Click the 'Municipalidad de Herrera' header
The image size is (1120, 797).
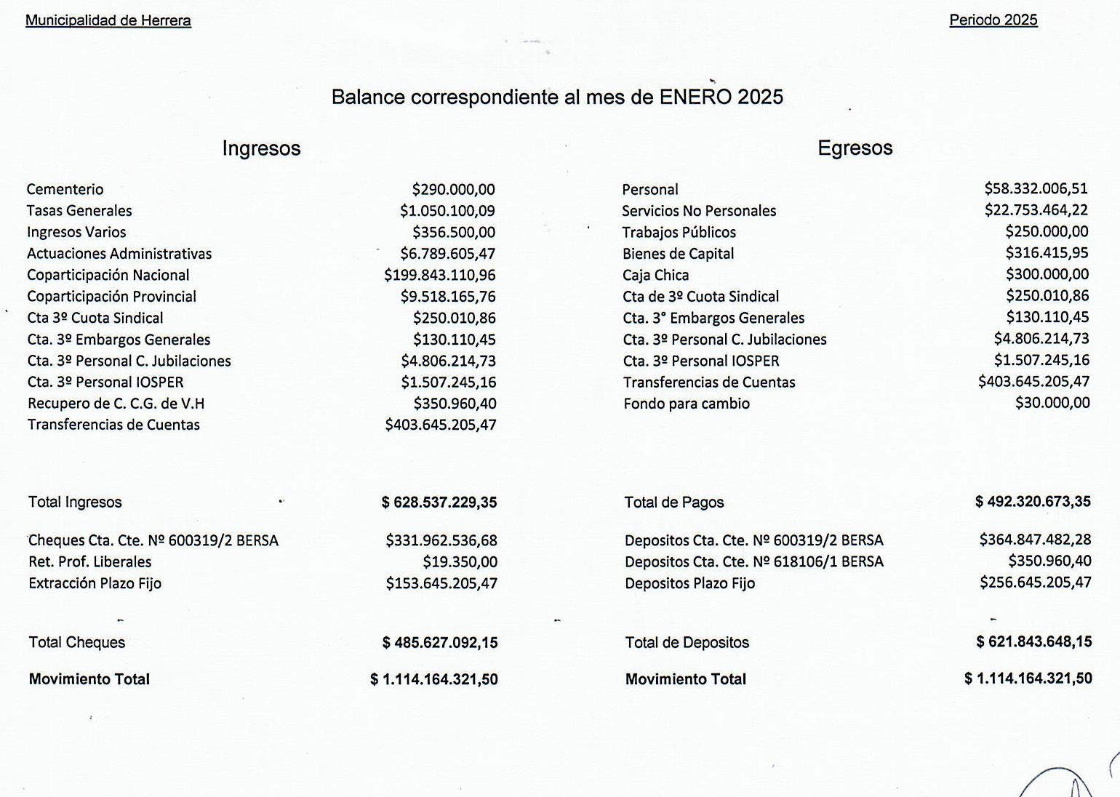[108, 20]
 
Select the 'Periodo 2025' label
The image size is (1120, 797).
[993, 20]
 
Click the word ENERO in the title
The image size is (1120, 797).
[695, 97]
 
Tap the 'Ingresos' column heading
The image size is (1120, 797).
[261, 148]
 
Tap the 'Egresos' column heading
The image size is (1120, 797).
[855, 148]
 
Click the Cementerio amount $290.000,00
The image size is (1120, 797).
[453, 190]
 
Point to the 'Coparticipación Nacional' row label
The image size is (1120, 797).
[108, 276]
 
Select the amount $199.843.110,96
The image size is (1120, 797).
[440, 276]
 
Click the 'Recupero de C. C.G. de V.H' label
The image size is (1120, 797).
[116, 404]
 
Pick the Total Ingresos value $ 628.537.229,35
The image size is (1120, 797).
[439, 502]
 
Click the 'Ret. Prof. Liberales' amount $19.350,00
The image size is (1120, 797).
[460, 562]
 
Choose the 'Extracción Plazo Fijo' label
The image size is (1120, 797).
[95, 583]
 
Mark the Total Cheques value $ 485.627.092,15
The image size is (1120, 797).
[440, 643]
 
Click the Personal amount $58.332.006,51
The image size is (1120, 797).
[1036, 189]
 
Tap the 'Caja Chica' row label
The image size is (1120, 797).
[655, 276]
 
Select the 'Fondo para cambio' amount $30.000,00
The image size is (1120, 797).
[1052, 403]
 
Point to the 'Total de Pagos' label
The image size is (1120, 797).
[674, 502]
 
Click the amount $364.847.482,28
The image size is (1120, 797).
[1035, 540]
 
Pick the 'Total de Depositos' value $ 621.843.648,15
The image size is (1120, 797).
[1033, 642]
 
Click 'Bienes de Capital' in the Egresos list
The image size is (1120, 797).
[678, 254]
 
